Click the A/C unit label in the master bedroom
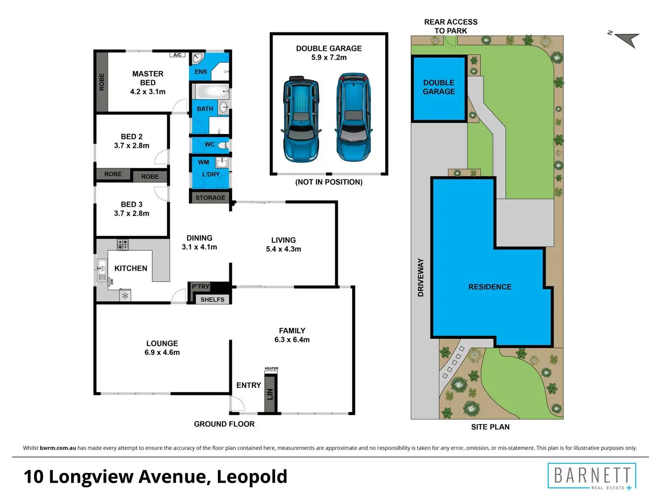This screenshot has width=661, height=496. [177, 54]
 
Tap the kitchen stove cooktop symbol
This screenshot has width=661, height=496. [123, 244]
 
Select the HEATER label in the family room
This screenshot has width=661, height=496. [271, 368]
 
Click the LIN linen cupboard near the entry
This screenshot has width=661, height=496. [270, 394]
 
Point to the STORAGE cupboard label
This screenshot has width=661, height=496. [210, 198]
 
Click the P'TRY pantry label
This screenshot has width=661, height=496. [201, 286]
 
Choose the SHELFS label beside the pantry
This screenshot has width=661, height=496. [212, 300]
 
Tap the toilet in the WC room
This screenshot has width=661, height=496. [223, 146]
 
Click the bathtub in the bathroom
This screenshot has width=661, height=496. [211, 91]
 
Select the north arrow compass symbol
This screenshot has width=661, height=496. [626, 40]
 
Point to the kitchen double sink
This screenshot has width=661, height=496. [102, 270]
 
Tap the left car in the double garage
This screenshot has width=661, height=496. [301, 119]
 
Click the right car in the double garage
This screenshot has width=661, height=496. [353, 117]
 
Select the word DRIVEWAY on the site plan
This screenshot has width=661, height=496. [421, 277]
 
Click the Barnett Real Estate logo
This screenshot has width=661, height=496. [592, 476]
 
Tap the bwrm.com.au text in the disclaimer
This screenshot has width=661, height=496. [57, 448]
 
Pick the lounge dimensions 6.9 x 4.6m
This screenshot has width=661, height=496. [162, 352]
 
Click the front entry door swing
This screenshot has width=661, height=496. [237, 404]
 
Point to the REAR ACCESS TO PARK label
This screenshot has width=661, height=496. [451, 26]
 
